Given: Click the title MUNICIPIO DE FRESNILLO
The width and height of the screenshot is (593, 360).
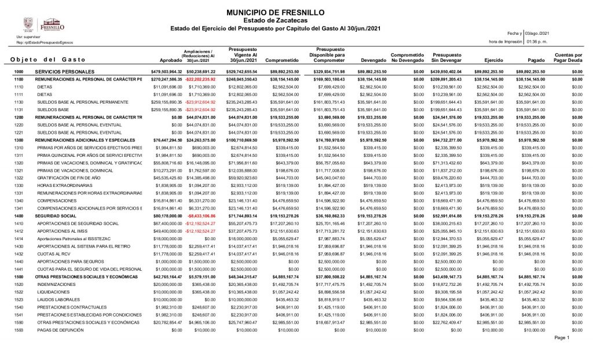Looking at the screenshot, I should (x=274, y=12).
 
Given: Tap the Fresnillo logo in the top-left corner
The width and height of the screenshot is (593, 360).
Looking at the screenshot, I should (x=44, y=25).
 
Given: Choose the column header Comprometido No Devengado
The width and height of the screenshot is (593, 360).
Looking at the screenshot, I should (x=407, y=57).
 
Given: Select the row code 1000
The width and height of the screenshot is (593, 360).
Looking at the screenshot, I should (x=19, y=71).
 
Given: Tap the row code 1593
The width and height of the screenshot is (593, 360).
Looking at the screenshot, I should (x=19, y=329).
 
